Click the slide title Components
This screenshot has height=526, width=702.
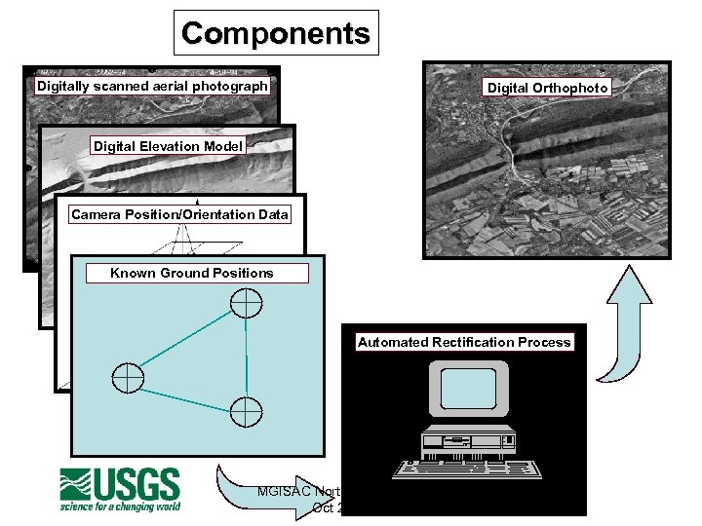tap(276, 33)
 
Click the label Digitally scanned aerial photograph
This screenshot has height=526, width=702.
tap(152, 86)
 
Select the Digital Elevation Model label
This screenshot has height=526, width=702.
tap(168, 146)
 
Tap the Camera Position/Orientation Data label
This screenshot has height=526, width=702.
tap(180, 214)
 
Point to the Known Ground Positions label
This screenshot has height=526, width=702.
tap(192, 273)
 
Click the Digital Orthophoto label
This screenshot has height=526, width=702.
tap(548, 88)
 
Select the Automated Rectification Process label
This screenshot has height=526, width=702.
tap(464, 342)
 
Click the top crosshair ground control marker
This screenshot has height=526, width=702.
tap(246, 303)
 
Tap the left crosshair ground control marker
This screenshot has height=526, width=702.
tap(128, 377)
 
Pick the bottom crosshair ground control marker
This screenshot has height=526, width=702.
tap(247, 411)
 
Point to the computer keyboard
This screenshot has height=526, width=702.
tap(466, 469)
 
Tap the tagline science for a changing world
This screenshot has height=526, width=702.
tap(120, 507)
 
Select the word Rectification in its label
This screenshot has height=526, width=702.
tap(472, 342)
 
